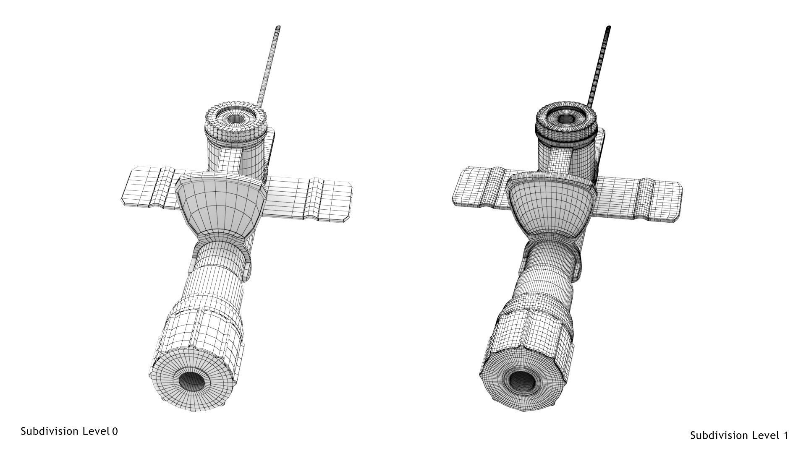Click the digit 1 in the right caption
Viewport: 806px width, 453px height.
(785, 436)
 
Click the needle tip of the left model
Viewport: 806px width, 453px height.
(278, 28)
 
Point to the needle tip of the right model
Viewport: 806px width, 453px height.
(608, 28)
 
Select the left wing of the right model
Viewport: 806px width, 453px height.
(476, 187)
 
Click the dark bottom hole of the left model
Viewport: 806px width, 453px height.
(191, 381)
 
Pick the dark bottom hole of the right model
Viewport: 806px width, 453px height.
(522, 381)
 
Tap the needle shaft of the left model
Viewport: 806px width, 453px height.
(269, 67)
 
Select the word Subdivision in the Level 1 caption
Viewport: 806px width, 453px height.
(719, 436)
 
